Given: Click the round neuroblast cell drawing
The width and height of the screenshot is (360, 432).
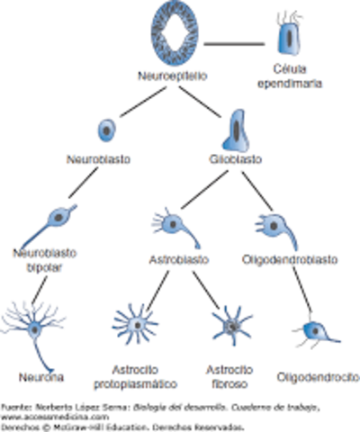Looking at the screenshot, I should (107, 129).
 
